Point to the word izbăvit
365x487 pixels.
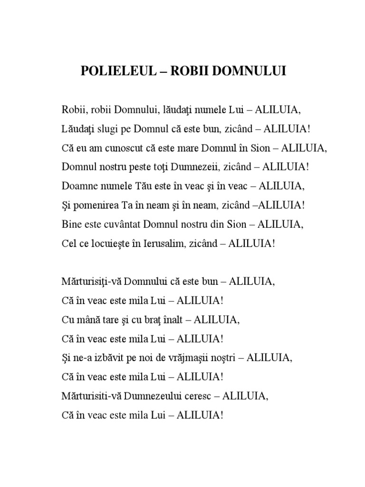click(112, 358)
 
